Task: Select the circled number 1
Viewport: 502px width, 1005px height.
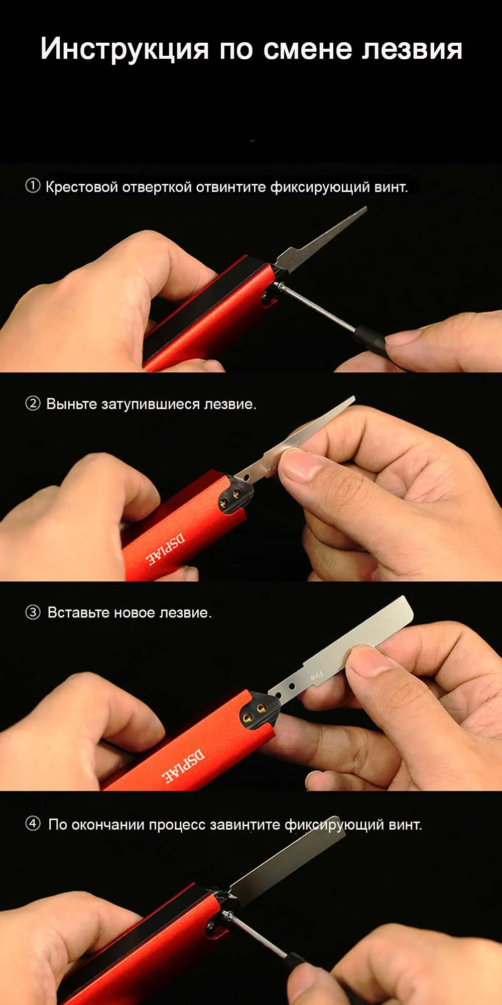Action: tap(33, 186)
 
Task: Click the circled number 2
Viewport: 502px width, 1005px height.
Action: tap(33, 404)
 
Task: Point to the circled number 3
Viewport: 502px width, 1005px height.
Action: tap(33, 613)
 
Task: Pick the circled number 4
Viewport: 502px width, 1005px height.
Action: tap(33, 824)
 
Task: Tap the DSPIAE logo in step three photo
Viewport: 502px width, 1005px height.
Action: tap(183, 766)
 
